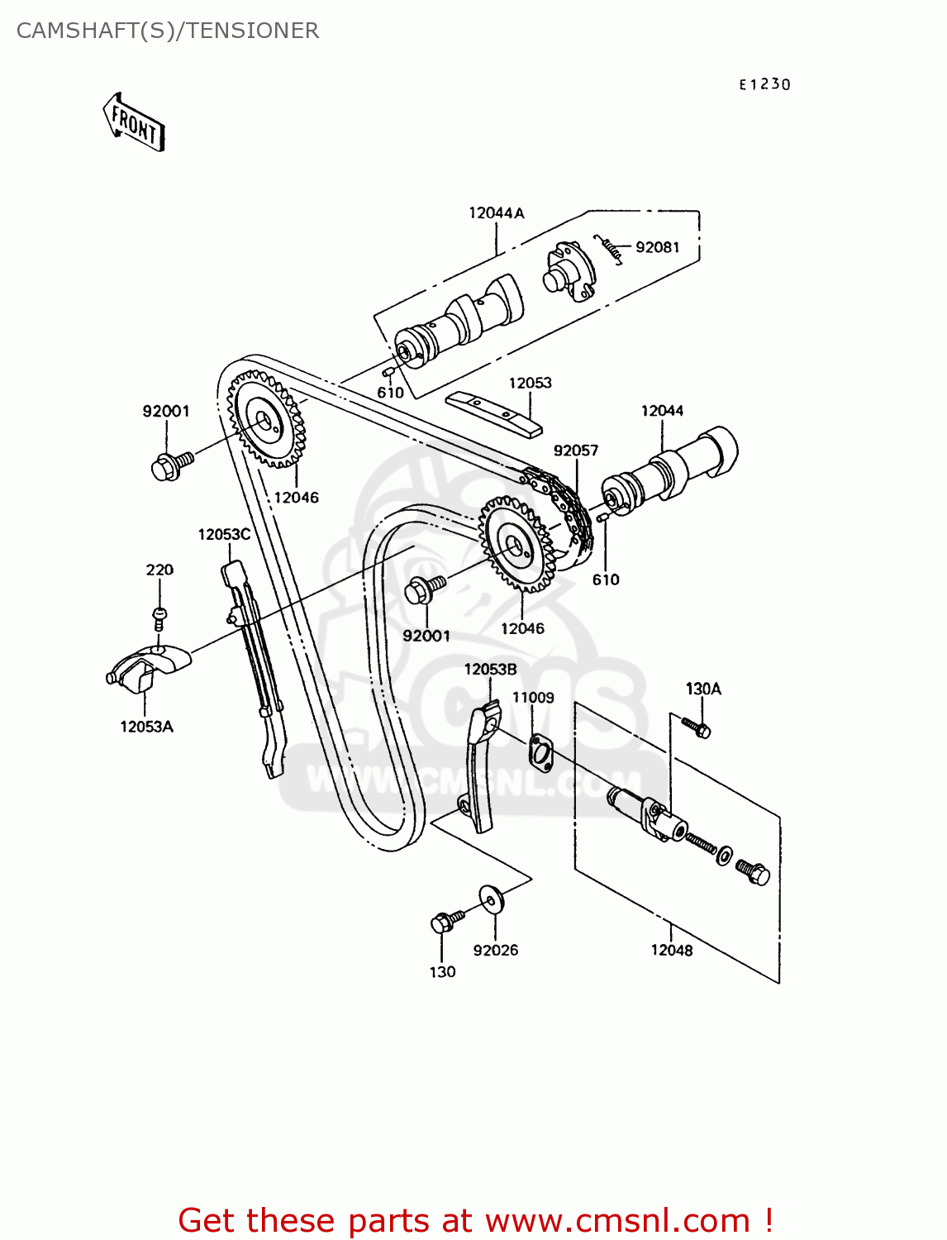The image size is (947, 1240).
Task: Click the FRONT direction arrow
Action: [x=134, y=122]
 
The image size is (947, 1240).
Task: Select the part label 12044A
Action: [x=496, y=213]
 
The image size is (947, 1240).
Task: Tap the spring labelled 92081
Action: [x=609, y=247]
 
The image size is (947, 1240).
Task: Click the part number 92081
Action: [x=657, y=247]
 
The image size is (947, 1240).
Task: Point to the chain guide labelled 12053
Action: [x=494, y=413]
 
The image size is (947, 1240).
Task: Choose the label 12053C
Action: [x=224, y=535]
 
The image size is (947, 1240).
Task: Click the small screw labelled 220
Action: [x=159, y=617]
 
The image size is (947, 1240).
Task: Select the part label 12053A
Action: [x=146, y=727]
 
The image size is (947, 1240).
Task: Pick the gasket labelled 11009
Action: [x=539, y=752]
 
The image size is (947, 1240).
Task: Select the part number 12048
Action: [x=671, y=951]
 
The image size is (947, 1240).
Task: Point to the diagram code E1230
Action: [x=764, y=84]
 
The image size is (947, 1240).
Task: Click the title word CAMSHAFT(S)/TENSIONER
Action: [x=168, y=31]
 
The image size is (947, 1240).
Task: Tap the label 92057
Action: [x=576, y=451]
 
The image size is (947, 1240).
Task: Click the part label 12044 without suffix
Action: [x=662, y=411]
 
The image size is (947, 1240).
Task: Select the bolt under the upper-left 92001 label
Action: [x=169, y=466]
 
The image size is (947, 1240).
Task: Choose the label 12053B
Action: [x=490, y=670]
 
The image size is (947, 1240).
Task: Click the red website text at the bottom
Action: [x=475, y=1220]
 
